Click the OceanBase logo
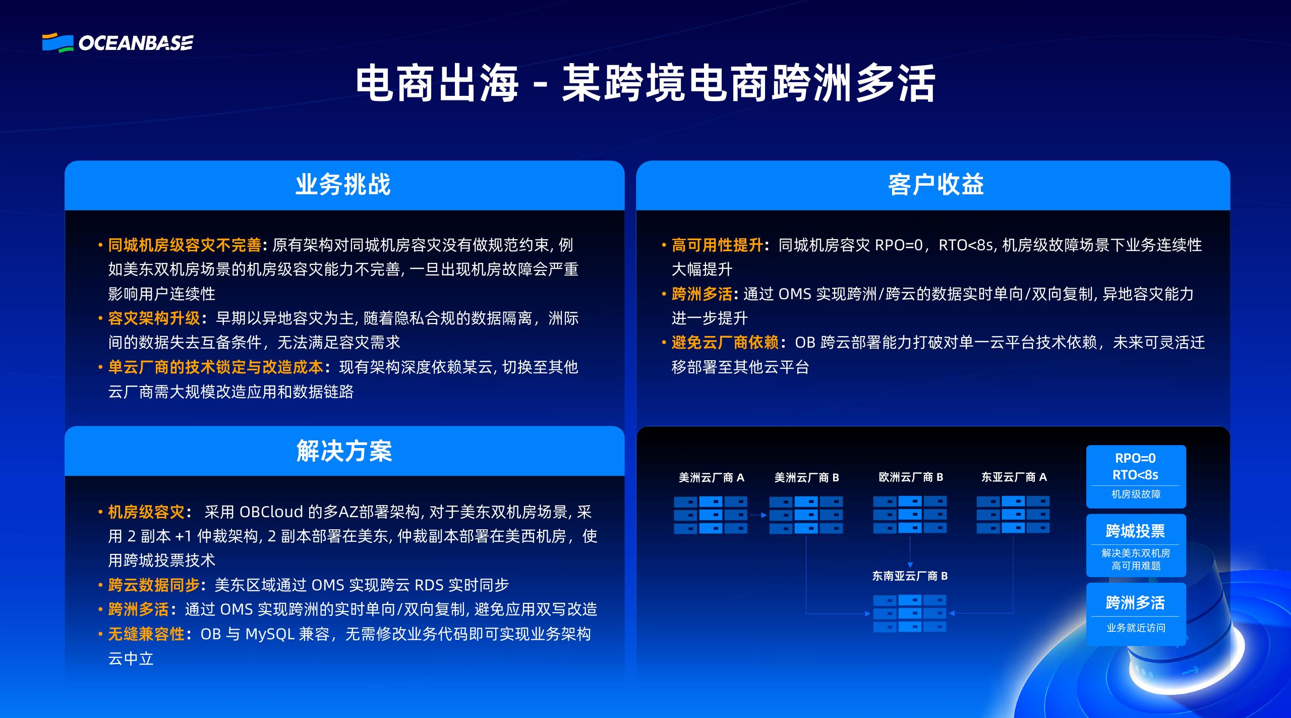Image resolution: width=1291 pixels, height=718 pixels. coord(118,43)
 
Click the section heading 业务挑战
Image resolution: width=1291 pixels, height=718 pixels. coord(343,185)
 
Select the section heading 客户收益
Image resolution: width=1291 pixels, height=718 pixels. coord(935,185)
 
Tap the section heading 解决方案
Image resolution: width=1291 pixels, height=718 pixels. coord(344,451)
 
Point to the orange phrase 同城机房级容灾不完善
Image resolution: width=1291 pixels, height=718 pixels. coord(185,245)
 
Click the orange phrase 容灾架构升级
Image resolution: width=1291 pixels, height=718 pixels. coord(154,318)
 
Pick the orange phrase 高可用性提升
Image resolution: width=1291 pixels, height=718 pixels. coord(717,245)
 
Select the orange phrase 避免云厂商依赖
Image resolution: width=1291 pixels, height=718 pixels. coord(725,343)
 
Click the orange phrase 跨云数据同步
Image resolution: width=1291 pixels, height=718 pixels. coord(154,585)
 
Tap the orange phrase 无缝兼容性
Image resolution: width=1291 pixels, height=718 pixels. coord(146,634)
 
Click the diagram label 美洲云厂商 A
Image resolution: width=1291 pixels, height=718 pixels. coord(711,477)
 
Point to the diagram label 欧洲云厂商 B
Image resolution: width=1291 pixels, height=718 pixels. coord(911,477)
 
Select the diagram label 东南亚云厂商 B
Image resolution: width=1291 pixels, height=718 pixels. coord(910,576)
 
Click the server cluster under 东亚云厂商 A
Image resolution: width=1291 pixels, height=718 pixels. coord(1013,515)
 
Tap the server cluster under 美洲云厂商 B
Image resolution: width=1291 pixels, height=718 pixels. coord(806,515)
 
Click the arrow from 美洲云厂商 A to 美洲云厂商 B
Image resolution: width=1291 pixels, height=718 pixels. coord(758,515)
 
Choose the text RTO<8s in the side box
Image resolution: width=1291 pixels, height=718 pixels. coord(1135,475)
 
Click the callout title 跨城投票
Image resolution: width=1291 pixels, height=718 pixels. coord(1135,531)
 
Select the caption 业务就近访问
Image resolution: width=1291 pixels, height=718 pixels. coord(1136,628)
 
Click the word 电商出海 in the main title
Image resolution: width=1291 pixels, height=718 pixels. coord(437,83)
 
